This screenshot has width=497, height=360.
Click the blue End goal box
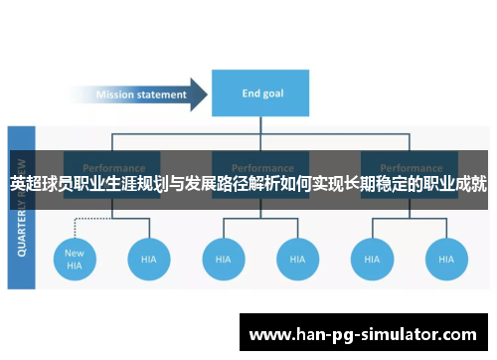263,94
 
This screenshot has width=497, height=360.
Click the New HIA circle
75,259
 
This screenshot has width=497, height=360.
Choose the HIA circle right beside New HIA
148,259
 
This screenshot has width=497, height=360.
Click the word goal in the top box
274,94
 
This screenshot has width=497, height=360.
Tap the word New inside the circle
75,253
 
